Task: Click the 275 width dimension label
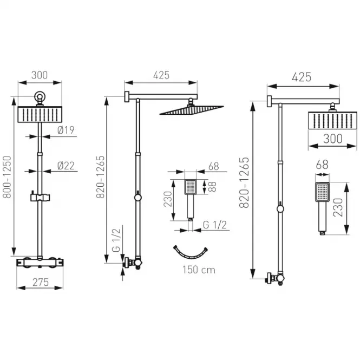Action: click(x=41, y=282)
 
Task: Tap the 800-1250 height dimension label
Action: click(x=7, y=177)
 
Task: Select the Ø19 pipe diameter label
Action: click(x=66, y=130)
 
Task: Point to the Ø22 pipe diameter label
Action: click(x=66, y=166)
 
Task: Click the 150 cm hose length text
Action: click(x=199, y=270)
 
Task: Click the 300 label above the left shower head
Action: click(x=40, y=75)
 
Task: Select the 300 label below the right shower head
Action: click(x=333, y=139)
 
